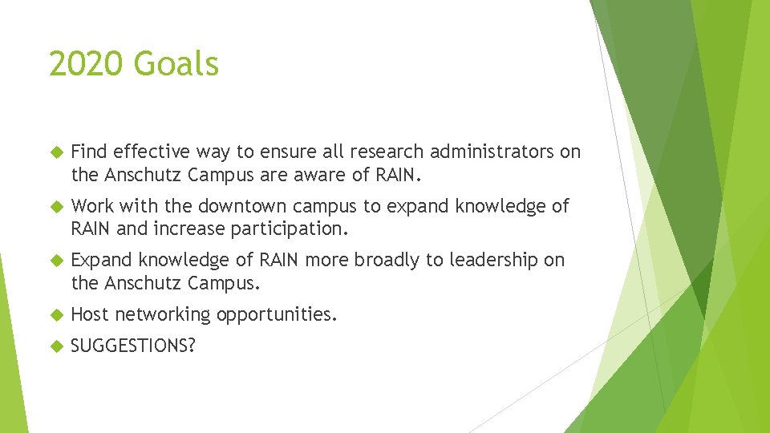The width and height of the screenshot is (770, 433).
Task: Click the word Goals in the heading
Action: [179, 63]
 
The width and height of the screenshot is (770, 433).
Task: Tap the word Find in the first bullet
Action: [90, 152]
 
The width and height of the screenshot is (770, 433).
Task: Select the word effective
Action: [150, 152]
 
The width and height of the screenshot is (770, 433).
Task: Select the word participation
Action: [290, 229]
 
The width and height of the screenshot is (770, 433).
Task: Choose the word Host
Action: [90, 314]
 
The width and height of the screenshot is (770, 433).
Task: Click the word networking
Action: [160, 315]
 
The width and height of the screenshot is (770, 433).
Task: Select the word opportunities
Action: [274, 315]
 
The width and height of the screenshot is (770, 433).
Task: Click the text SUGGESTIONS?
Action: [133, 347]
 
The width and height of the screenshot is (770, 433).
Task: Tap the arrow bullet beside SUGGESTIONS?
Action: [55, 347]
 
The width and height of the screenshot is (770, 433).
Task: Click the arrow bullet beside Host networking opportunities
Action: [55, 315]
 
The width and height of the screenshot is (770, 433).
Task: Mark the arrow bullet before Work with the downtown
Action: [55, 206]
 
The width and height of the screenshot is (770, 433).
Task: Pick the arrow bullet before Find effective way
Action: [55, 152]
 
